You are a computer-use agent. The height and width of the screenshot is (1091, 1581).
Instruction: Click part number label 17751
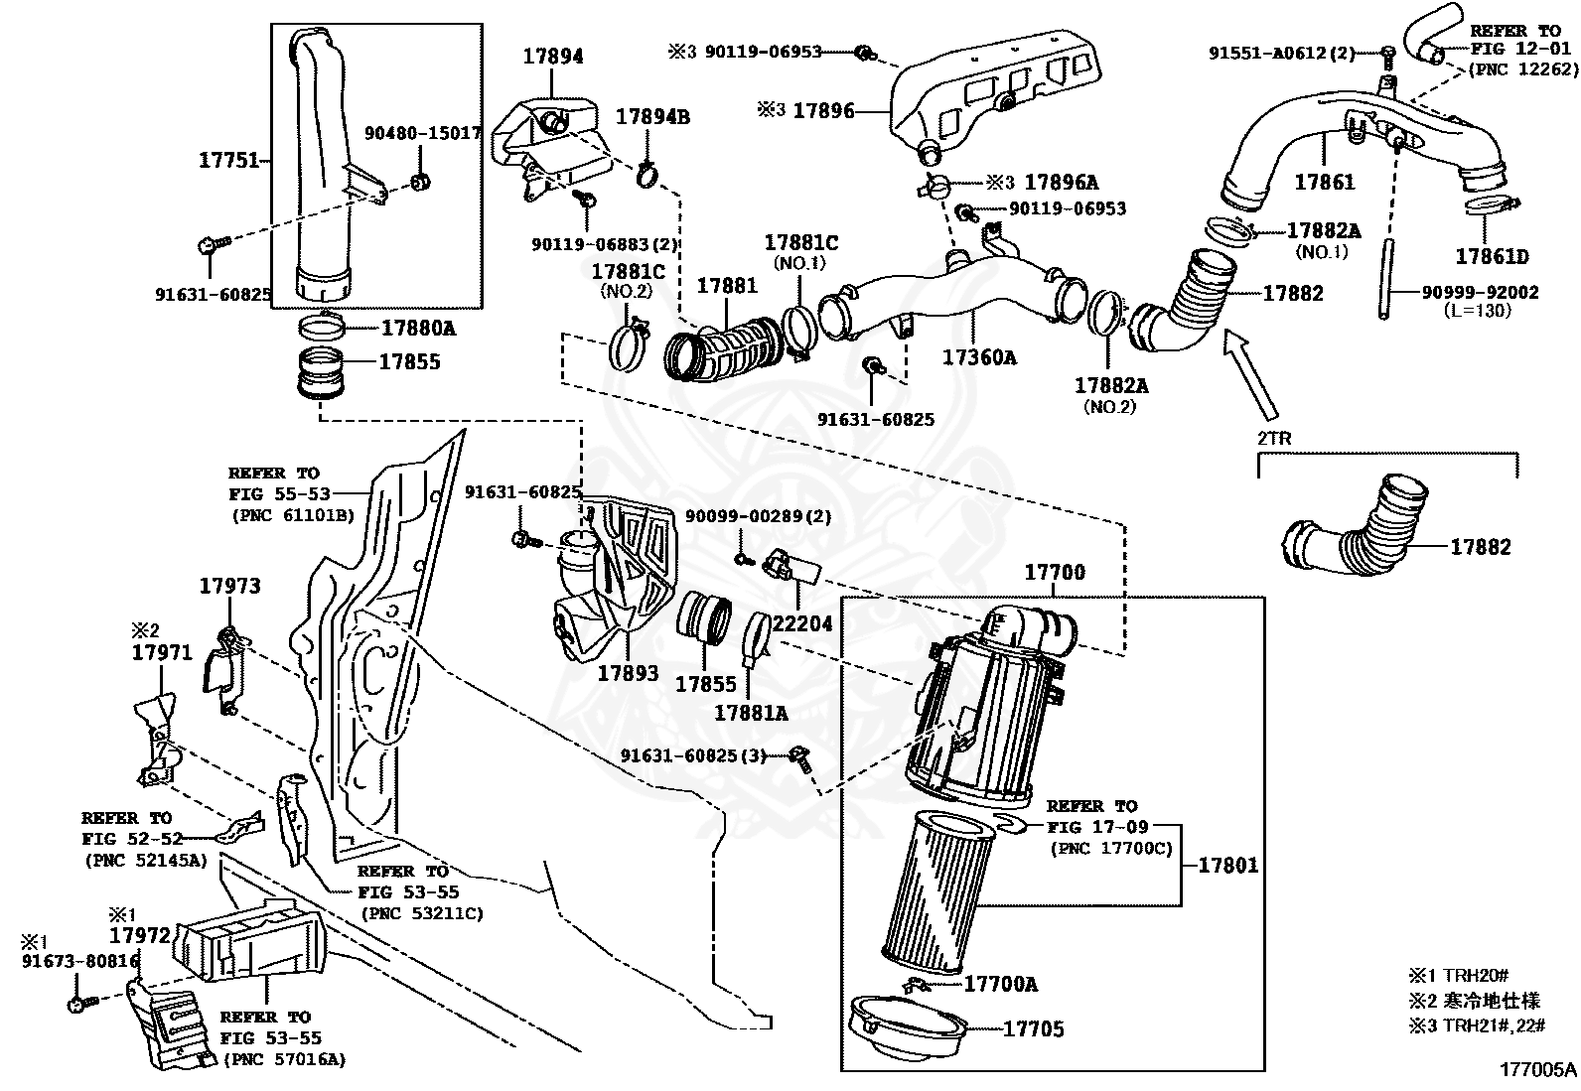pyautogui.click(x=228, y=160)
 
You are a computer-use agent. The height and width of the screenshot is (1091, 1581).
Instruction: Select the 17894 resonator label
pyautogui.click(x=553, y=57)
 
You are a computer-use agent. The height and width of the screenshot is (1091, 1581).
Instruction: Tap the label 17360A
pyautogui.click(x=980, y=357)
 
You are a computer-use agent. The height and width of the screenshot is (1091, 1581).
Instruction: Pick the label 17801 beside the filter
pyautogui.click(x=1227, y=865)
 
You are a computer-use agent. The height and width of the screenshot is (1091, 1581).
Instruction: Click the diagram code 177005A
pyautogui.click(x=1537, y=1069)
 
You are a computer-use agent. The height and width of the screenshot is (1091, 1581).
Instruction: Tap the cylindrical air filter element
pyautogui.click(x=937, y=890)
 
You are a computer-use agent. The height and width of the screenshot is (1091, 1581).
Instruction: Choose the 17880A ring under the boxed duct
pyautogui.click(x=325, y=328)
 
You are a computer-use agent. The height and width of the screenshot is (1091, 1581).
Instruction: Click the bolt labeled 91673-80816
pyautogui.click(x=77, y=1006)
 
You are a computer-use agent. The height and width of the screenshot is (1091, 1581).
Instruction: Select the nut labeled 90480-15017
pyautogui.click(x=420, y=182)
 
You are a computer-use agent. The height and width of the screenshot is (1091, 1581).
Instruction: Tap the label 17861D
pyautogui.click(x=1492, y=257)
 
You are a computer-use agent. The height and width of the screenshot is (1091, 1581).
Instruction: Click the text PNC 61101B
pyautogui.click(x=292, y=514)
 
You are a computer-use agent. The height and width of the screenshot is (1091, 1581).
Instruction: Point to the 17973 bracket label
pyautogui.click(x=229, y=586)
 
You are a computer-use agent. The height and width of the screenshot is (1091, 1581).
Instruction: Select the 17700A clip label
pyautogui.click(x=1000, y=984)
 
